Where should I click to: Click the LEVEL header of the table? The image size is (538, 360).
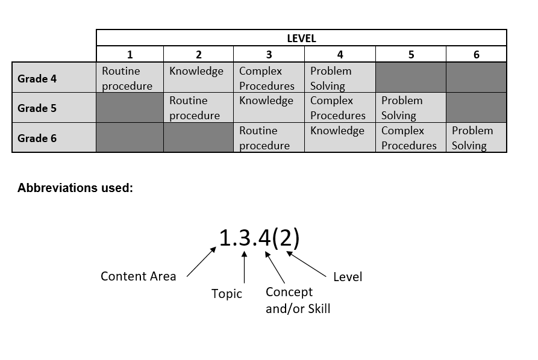click(x=301, y=38)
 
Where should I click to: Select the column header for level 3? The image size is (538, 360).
click(x=269, y=54)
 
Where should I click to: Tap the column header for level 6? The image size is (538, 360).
click(x=476, y=54)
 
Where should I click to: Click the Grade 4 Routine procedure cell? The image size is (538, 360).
click(x=130, y=78)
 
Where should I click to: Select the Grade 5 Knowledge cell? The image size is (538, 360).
click(x=269, y=107)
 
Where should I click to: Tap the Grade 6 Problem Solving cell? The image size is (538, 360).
click(x=476, y=137)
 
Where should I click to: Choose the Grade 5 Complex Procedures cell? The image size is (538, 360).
click(x=340, y=107)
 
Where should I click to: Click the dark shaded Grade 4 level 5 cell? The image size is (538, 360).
click(x=411, y=78)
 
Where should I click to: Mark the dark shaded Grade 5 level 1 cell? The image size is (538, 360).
click(x=130, y=107)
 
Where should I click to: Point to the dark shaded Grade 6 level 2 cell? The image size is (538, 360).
click(x=198, y=137)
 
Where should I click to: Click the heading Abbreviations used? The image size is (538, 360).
click(x=75, y=188)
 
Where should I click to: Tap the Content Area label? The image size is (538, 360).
click(x=139, y=276)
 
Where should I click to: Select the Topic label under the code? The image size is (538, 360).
click(x=227, y=294)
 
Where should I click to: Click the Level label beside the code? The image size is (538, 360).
click(x=348, y=277)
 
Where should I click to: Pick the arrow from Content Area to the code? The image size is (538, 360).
click(x=201, y=262)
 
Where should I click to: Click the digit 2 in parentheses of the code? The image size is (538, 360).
click(x=286, y=238)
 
